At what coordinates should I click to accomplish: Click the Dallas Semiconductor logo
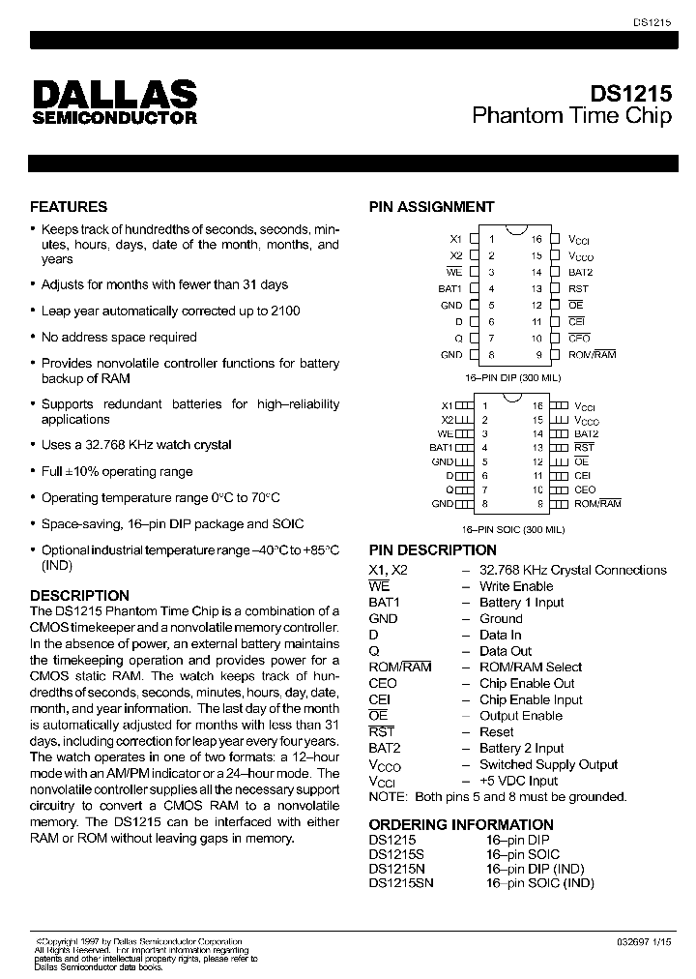[115, 102]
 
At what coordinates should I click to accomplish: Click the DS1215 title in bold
[631, 94]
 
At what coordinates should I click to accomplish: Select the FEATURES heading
[69, 206]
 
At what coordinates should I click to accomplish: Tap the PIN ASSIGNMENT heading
[431, 206]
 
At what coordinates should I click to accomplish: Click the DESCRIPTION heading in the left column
[79, 595]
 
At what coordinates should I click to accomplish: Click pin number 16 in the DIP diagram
[536, 238]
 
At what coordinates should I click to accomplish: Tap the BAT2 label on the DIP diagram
[580, 272]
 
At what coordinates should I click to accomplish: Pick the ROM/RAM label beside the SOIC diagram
[597, 503]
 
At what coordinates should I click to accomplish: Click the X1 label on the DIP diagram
[456, 238]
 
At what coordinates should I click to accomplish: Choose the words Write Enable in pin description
[516, 586]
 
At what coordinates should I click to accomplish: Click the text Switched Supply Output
[548, 764]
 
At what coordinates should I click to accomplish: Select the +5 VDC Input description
[518, 781]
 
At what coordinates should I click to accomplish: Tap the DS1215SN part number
[401, 882]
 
